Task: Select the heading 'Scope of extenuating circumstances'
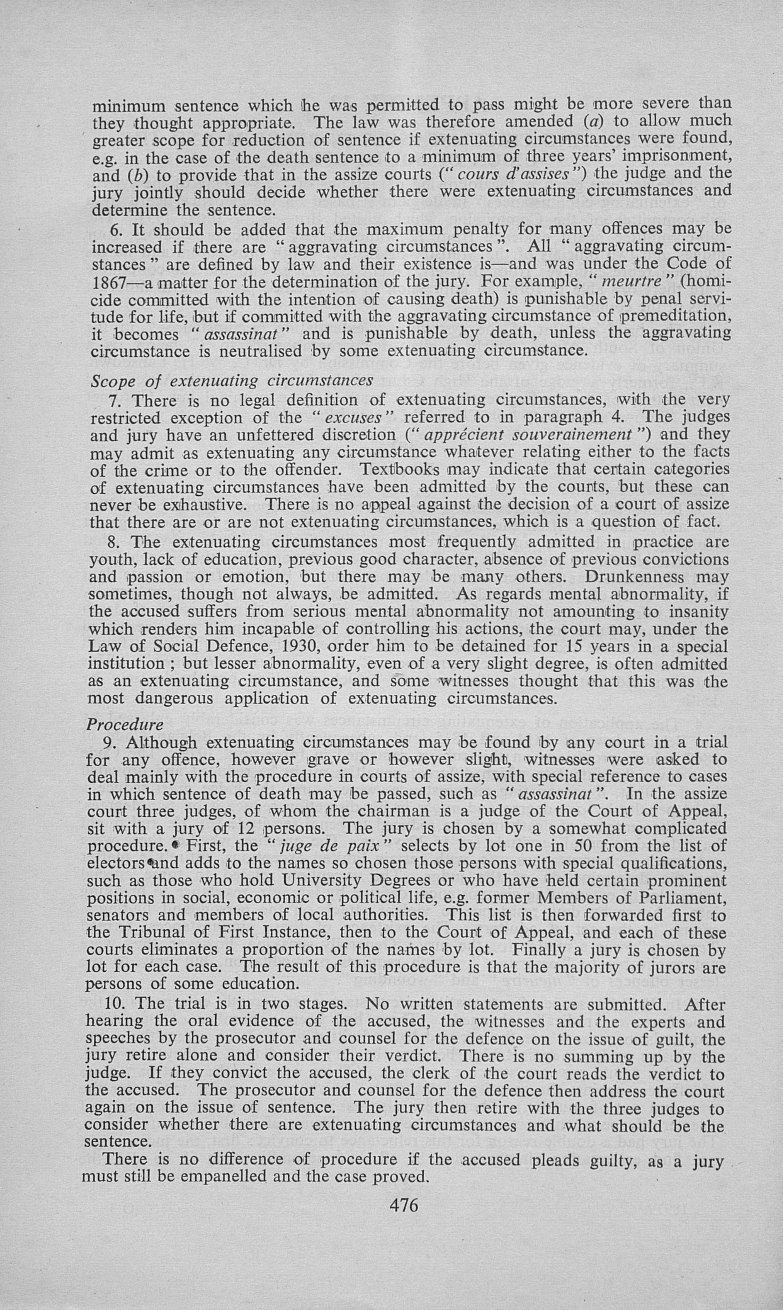232,381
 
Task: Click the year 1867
109,282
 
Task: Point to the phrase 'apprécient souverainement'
527,435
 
